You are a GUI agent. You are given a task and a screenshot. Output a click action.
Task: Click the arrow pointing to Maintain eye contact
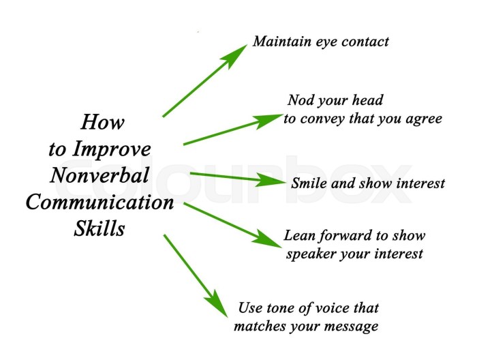[x=204, y=81]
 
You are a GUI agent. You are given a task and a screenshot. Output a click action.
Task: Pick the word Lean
[x=298, y=236]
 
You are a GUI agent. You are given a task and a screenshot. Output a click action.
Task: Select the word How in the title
[x=103, y=123]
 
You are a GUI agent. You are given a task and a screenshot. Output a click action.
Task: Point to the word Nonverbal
[x=100, y=175]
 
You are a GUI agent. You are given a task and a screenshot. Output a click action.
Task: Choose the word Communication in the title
[x=99, y=202]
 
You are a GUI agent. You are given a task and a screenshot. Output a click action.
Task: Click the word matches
[x=259, y=327]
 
